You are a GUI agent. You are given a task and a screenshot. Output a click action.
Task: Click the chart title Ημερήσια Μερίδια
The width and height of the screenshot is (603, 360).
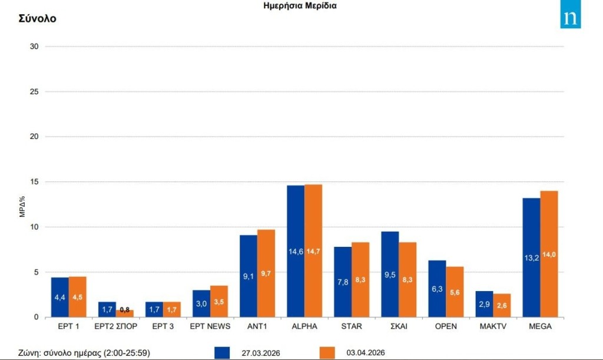(300, 5)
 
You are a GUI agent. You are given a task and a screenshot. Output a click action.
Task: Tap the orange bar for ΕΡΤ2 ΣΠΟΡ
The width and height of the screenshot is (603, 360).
(125, 313)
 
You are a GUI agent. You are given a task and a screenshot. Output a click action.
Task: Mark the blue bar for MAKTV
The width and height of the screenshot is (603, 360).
(484, 304)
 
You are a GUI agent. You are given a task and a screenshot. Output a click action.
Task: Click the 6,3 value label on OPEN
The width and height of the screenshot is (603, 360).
(437, 289)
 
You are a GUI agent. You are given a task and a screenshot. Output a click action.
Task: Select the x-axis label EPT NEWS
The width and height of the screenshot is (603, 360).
(210, 326)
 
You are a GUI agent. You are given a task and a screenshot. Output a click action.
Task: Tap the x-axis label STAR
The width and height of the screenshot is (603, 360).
(352, 326)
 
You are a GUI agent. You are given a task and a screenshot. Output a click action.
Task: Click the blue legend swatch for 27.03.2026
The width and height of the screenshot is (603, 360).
(223, 352)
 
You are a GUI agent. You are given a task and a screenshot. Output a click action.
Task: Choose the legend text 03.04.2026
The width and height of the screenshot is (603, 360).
(365, 353)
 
